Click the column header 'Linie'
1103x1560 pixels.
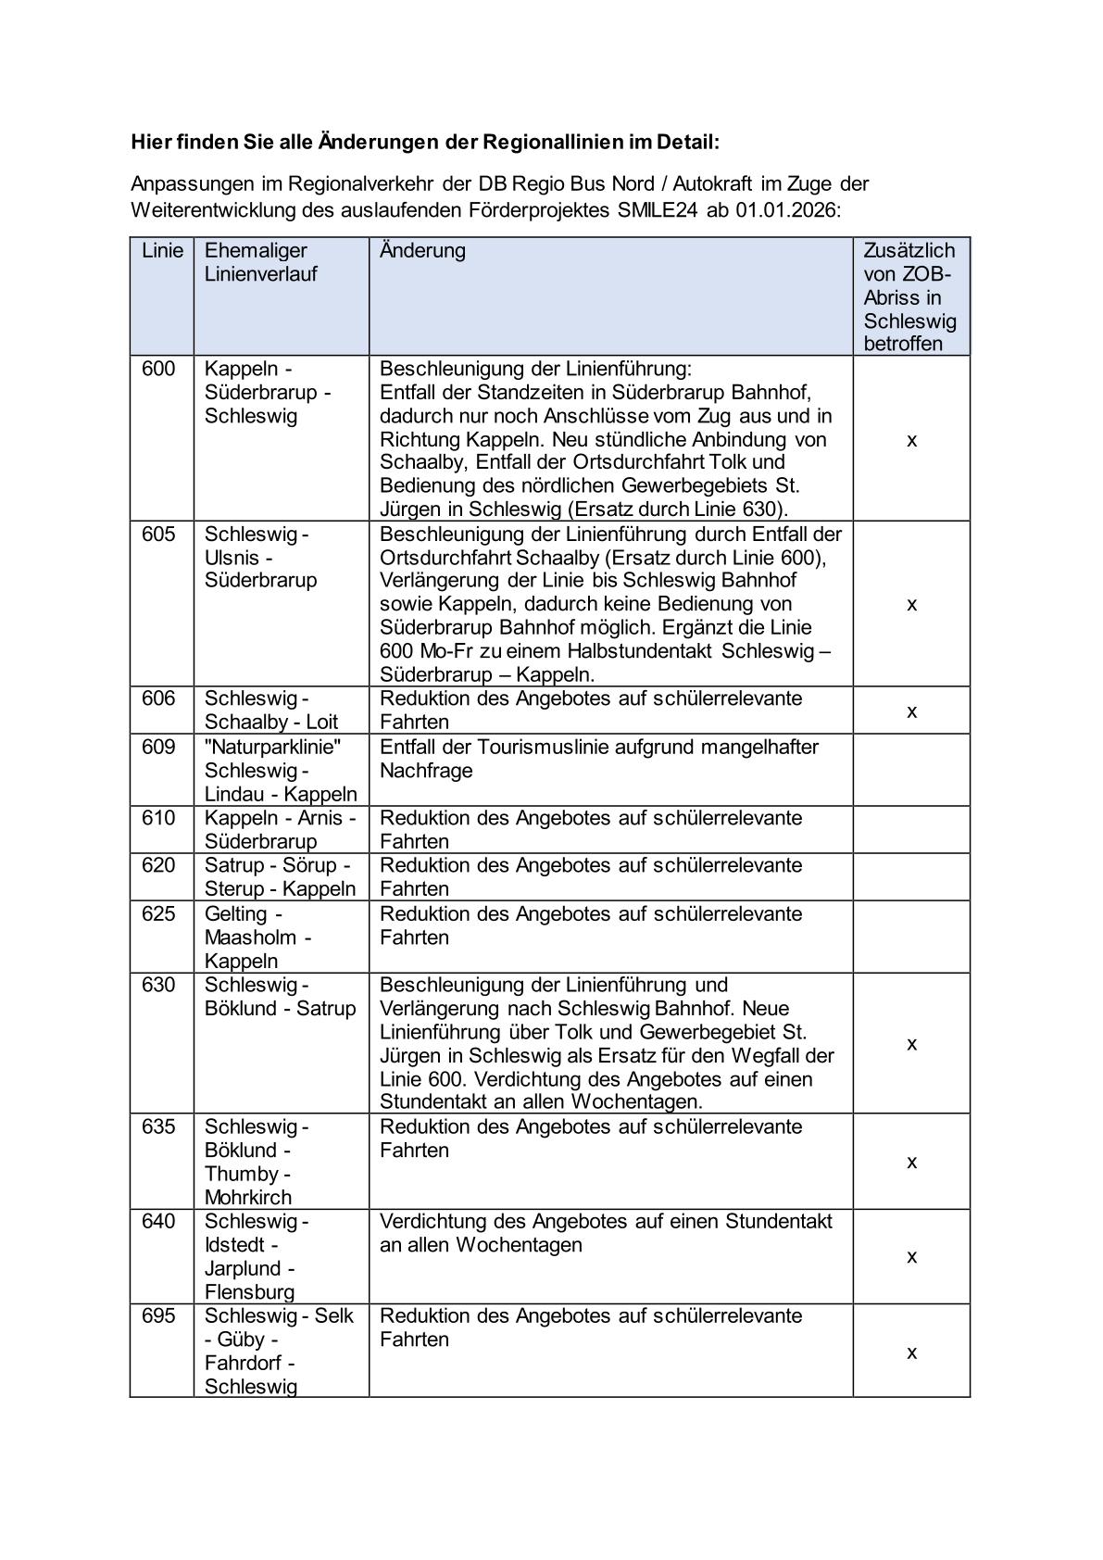point(162,250)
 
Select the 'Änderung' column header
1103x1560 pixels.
point(422,250)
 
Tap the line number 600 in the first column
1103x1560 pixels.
point(158,369)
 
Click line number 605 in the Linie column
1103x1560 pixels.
point(158,534)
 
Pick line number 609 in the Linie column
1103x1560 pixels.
point(158,747)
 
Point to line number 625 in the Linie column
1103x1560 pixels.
point(158,913)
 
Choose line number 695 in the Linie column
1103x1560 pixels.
point(158,1315)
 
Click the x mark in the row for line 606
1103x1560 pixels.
point(911,711)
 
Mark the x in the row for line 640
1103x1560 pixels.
point(911,1257)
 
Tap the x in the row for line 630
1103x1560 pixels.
point(911,1044)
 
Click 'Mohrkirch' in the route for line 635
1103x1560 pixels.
point(248,1197)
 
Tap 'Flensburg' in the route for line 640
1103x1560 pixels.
point(249,1291)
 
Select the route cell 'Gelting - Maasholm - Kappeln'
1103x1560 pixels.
point(258,937)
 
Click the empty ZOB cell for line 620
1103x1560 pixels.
point(911,877)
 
